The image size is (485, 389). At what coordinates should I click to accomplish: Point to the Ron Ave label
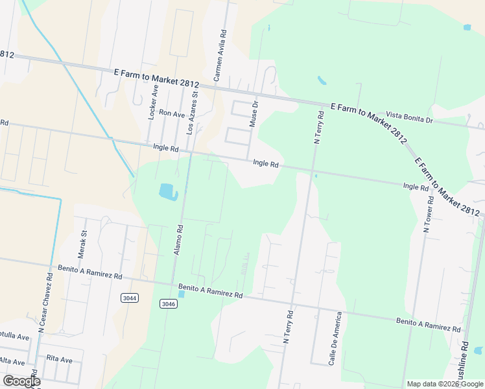pyautogui.click(x=172, y=113)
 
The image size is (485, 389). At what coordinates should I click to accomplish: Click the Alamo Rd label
pyautogui.click(x=180, y=239)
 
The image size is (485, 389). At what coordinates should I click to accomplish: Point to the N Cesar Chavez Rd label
pyautogui.click(x=45, y=301)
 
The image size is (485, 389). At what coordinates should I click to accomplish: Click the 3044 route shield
pyautogui.click(x=130, y=298)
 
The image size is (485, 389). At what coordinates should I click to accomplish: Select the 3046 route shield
pyautogui.click(x=167, y=303)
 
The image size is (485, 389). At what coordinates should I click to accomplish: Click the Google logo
pyautogui.click(x=21, y=381)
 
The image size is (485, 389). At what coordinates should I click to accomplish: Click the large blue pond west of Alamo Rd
pyautogui.click(x=167, y=191)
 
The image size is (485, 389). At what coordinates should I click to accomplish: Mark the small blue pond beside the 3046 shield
pyautogui.click(x=181, y=294)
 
